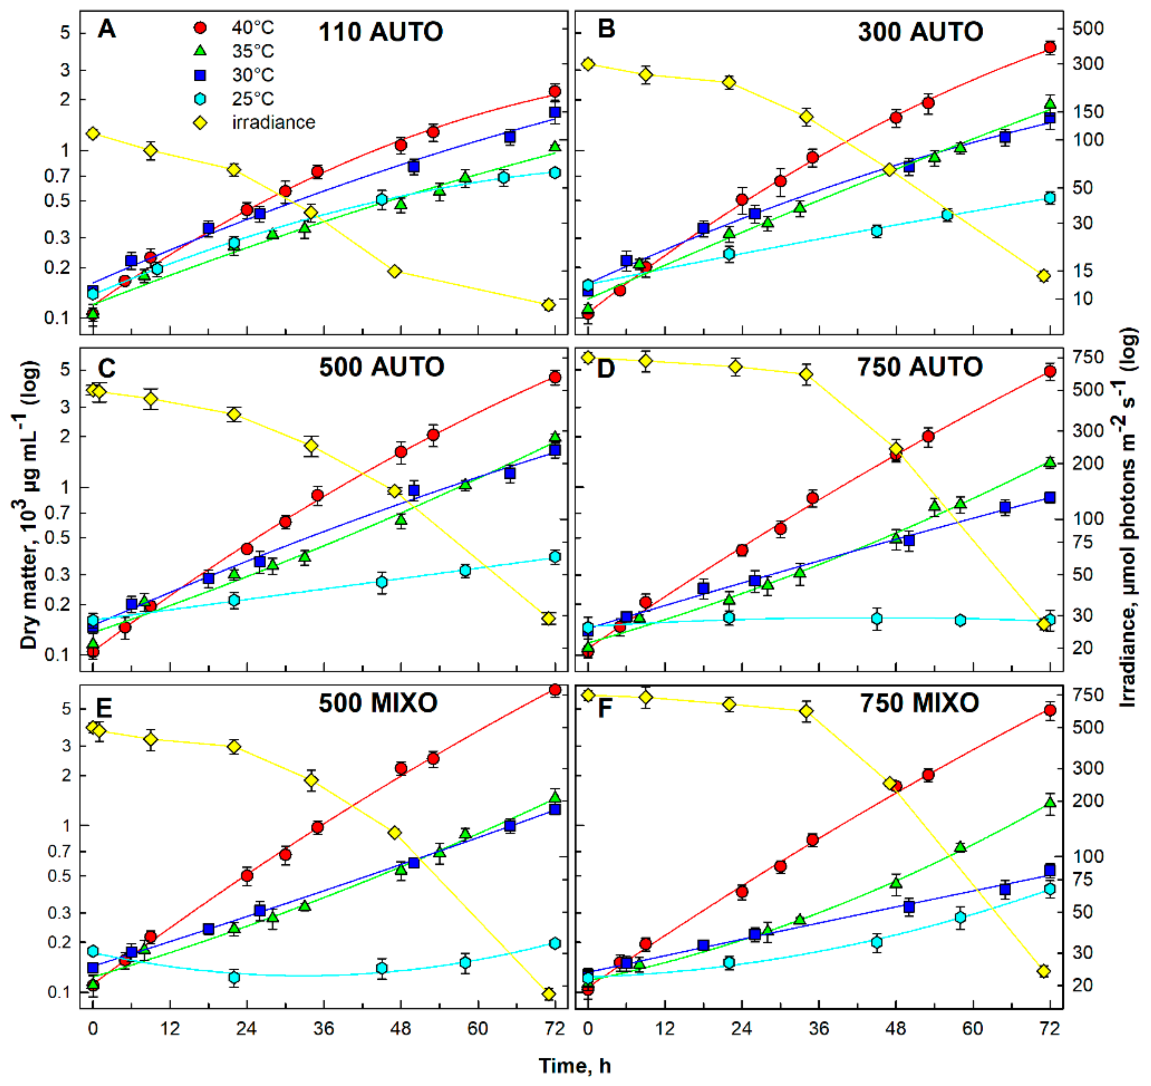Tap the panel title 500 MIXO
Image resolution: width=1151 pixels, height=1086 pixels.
point(377,703)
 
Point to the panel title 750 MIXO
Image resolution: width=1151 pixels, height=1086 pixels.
point(919,703)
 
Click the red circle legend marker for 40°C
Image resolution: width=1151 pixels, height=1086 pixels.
point(200,28)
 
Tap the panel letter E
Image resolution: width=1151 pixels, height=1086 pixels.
point(106,708)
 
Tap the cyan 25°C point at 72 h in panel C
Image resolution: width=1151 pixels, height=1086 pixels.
point(555,557)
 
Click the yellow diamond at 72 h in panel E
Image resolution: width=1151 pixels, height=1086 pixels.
point(549,994)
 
